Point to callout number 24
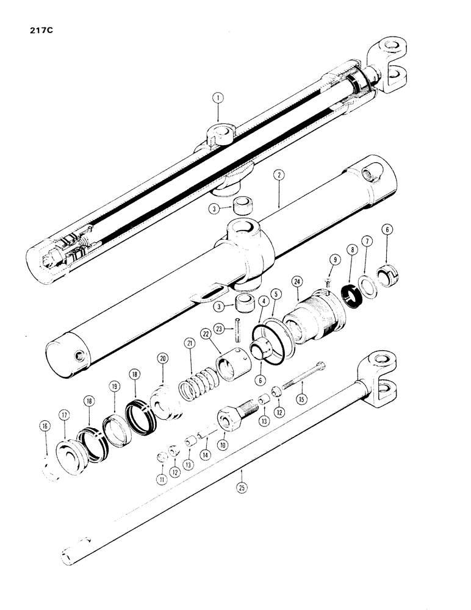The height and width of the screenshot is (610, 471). point(298,281)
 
